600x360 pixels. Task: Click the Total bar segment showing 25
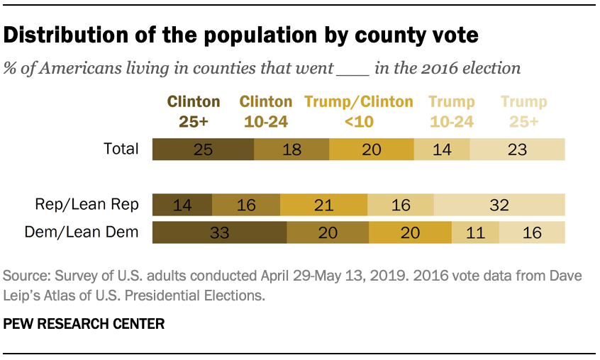point(203,149)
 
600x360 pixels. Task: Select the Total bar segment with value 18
point(291,149)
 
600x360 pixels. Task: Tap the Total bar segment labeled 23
point(517,149)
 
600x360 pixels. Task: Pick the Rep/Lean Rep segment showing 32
point(499,205)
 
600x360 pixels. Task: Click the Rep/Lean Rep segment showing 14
point(182,205)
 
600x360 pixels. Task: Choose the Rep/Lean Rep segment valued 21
point(323,205)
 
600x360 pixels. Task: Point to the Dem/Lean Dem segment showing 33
point(220,232)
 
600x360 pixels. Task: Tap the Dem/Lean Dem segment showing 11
point(475,232)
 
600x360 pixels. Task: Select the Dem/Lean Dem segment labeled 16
point(532,232)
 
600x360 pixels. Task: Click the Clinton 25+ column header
point(194,111)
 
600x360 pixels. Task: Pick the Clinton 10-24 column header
point(266,111)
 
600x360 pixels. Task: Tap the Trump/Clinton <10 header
point(359,111)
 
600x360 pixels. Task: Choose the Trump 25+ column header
point(524,111)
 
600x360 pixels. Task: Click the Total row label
point(121,149)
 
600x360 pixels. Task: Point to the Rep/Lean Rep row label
point(87,205)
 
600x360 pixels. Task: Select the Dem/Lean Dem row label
point(82,232)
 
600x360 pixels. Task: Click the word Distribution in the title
point(66,35)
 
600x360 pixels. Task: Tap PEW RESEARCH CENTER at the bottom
point(84,324)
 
